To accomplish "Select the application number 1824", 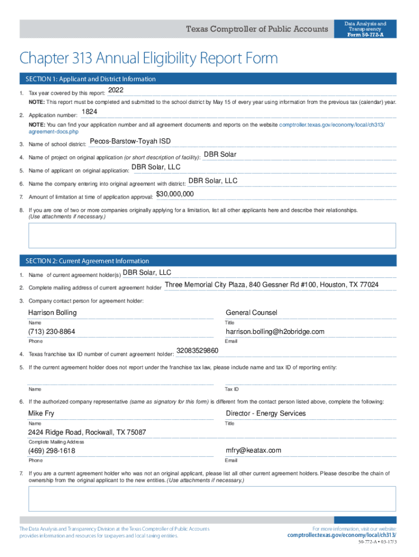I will (x=89, y=112).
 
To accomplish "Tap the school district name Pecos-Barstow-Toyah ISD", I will (x=130, y=141).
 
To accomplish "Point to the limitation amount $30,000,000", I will (x=175, y=194).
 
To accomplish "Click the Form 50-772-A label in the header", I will (x=365, y=35).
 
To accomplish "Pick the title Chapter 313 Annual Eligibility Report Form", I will (x=149, y=58).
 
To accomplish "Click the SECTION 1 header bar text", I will (x=87, y=79).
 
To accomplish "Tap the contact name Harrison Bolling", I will (x=52, y=313).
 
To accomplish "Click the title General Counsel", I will (x=251, y=313).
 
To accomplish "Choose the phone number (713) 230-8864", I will (x=52, y=332).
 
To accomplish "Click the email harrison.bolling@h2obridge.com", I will (x=275, y=332).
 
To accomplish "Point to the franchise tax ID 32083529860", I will (x=198, y=351).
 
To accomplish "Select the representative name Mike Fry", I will (x=41, y=413).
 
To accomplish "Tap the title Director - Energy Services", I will (x=266, y=413).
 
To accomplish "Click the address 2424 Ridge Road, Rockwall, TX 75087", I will (x=87, y=432).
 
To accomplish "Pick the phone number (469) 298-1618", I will (x=52, y=451).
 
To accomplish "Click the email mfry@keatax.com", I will (x=254, y=450).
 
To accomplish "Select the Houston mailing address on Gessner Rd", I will (x=272, y=285).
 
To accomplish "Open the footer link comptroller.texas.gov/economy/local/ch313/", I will (x=341, y=535).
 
